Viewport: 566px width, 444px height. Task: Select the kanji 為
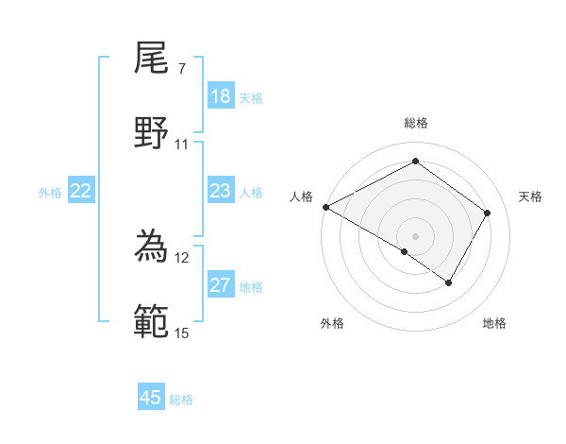coord(152,245)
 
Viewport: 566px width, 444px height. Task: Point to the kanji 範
coord(152,320)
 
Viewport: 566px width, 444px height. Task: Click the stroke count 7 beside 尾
coord(181,69)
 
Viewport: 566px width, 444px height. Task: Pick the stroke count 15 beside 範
coord(181,333)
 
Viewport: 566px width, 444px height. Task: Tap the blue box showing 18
coord(221,96)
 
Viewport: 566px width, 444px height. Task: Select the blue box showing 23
coord(221,191)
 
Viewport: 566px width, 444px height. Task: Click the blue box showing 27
coord(221,285)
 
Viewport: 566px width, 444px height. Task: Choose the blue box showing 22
coord(81,191)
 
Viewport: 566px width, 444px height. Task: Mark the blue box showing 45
coord(151,398)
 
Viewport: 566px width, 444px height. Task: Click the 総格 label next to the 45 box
coord(181,400)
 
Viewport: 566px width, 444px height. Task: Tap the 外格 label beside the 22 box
coord(50,193)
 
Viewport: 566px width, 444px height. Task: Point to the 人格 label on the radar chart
coord(301,196)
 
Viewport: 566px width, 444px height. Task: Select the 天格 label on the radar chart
coord(530,196)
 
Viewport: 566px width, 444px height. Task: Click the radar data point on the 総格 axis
coord(415,161)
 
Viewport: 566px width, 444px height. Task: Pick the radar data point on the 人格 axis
coord(325,207)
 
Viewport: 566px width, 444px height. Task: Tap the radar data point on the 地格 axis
coord(449,282)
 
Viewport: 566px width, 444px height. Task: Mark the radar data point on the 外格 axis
coord(405,251)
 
